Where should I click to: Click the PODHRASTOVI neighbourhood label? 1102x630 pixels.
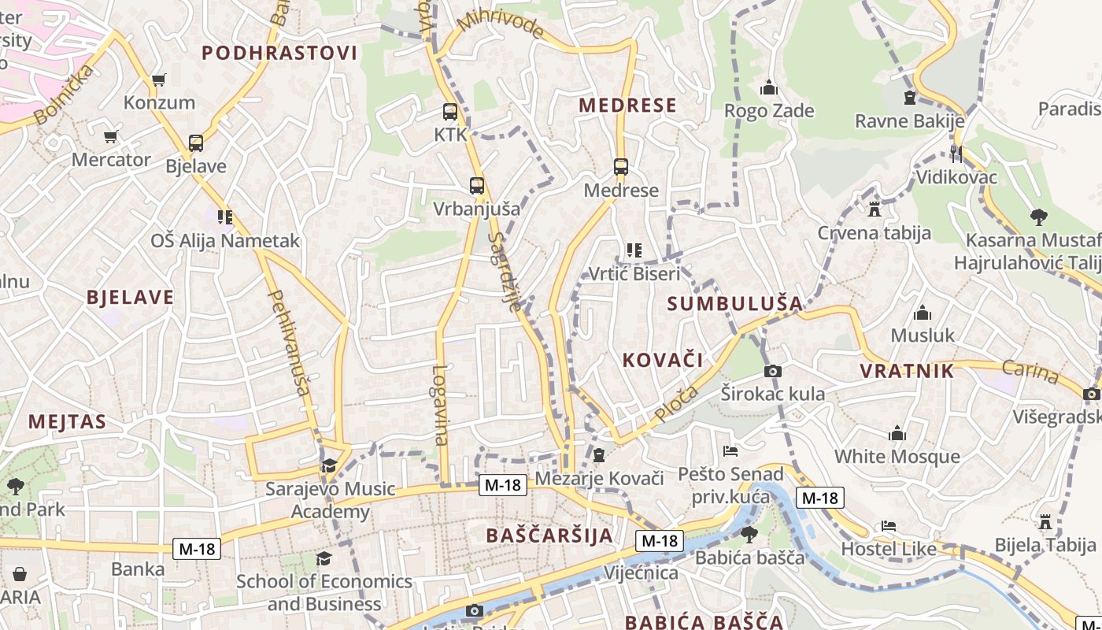tap(279, 53)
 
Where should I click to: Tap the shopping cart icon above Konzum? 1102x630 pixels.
tap(158, 80)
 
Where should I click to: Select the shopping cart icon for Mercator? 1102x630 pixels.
tap(111, 136)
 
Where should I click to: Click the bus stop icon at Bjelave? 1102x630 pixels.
tap(196, 143)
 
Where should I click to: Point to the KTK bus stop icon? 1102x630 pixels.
tap(450, 112)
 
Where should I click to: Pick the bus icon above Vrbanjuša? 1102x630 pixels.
tap(477, 186)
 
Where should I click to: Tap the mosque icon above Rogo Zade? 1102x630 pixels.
tap(769, 87)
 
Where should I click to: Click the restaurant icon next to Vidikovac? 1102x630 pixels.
tap(956, 154)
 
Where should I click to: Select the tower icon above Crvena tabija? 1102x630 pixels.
tap(874, 209)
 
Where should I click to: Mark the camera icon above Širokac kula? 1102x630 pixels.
tap(773, 371)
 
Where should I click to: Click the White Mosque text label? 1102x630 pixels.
tap(897, 457)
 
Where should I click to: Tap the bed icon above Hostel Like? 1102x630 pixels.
tap(889, 525)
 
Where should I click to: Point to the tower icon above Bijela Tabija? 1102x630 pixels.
tap(1045, 521)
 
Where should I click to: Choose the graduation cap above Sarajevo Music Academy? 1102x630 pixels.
tap(329, 465)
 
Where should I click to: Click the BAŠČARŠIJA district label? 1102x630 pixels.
tap(549, 535)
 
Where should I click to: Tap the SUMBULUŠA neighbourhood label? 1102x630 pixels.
tap(735, 303)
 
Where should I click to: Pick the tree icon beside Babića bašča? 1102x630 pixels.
tap(749, 535)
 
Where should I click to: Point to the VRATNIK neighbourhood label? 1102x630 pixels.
tap(907, 371)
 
